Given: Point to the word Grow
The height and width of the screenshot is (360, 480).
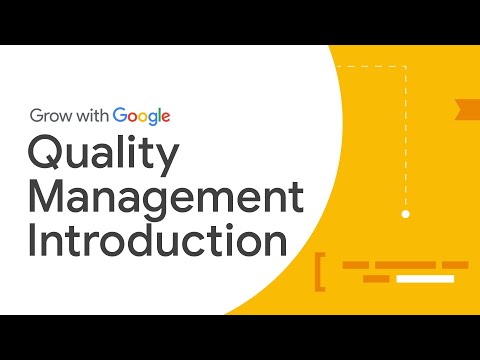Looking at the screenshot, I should pos(50,115).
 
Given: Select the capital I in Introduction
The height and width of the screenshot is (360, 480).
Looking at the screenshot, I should pos(34,243).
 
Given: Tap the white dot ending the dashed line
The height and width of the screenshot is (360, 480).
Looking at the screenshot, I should pos(405,214).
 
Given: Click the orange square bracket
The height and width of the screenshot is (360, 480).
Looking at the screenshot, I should pos(320,272).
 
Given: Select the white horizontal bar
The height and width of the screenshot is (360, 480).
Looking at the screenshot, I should pos(424,278).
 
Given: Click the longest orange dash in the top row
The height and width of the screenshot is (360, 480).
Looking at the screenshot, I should pos(404,265).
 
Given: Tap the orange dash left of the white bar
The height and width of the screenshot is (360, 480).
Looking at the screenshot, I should pos(376,278).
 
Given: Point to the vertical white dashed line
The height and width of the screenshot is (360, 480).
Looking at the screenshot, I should pos(405,140).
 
